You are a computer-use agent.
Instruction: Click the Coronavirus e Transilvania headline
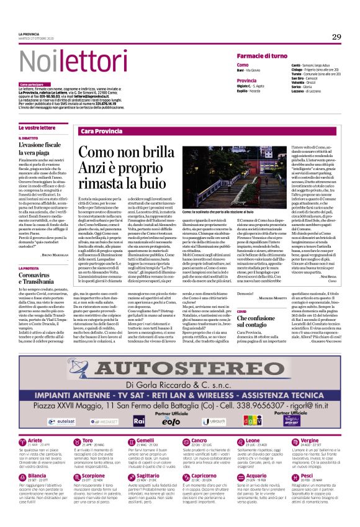click(39, 277)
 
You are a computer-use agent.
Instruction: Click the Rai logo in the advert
click(140, 420)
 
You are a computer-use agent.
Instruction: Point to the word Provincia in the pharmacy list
click(246, 80)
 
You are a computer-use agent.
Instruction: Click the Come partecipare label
click(32, 84)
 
